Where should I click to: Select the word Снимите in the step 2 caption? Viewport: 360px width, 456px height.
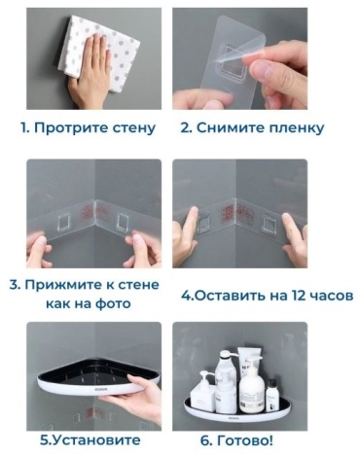coord(230,128)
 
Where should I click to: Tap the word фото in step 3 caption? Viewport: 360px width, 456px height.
coord(113,304)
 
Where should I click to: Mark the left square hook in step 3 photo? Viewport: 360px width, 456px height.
coord(64,222)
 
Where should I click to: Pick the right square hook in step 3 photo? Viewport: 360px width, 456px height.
coord(123,222)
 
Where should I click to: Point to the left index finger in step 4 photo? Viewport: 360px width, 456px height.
coord(192,221)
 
